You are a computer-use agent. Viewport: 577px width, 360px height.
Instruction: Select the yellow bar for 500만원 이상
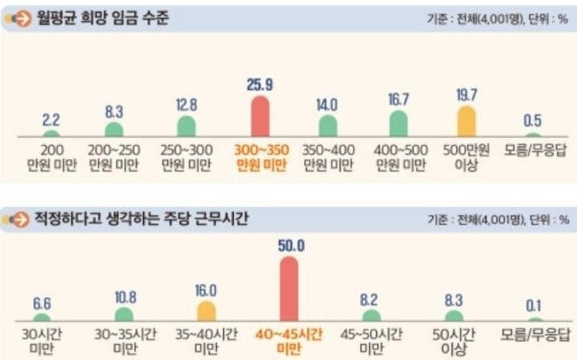pos(466,121)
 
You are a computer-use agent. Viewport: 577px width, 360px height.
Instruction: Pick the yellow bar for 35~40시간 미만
pos(205,311)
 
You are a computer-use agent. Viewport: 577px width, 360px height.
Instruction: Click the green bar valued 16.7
pos(397,123)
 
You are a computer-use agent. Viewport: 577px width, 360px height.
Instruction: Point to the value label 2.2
pos(52,117)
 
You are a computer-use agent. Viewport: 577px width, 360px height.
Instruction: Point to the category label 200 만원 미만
pos(52,157)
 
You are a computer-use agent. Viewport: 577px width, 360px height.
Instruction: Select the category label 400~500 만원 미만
pos(397,157)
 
